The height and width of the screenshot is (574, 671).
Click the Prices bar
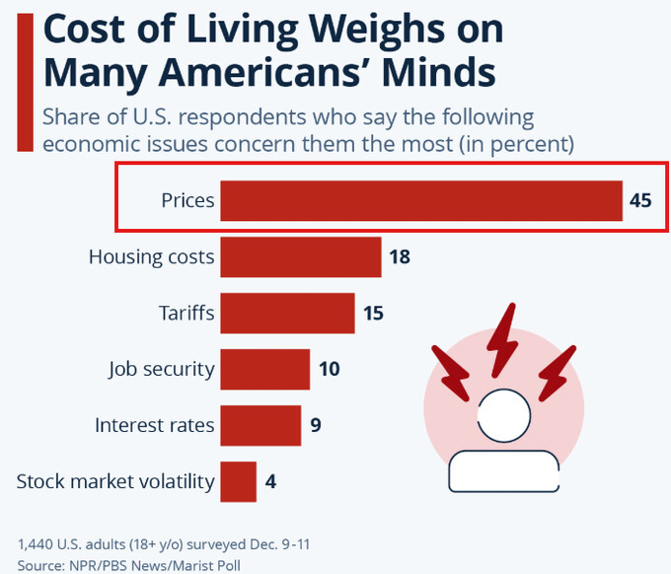420,200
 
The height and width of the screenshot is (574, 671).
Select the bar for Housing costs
300,257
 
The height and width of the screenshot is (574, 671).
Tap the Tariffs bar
286,314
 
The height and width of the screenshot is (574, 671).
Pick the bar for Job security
264,370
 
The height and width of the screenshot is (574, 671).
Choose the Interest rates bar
261,426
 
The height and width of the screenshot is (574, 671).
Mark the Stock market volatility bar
238,482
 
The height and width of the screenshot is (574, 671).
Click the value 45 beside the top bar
640,200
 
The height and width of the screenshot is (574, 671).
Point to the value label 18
399,257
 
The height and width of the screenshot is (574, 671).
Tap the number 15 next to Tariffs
372,314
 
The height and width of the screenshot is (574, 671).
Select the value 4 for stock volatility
270,482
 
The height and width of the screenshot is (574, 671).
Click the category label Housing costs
151,257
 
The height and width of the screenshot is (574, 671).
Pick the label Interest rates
154,426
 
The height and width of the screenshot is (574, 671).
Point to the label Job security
161,370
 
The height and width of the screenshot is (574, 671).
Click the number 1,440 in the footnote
36,544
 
